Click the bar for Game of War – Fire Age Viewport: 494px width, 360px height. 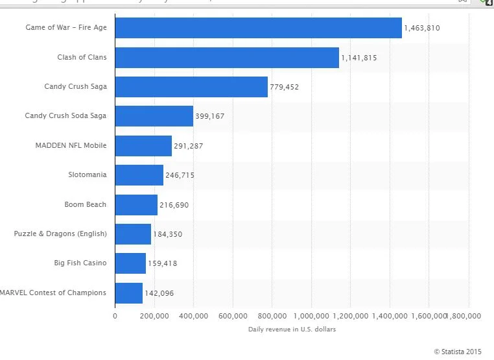coord(258,28)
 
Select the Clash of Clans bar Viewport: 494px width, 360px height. coord(227,58)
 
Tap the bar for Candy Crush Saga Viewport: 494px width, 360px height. coord(191,87)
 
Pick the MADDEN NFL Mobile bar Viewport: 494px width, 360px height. coord(143,146)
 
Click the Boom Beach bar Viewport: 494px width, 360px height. coord(136,205)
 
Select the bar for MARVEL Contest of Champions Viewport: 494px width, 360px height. coord(128,293)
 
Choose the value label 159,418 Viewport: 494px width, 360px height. coord(162,264)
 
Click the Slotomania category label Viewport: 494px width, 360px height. coord(87,175)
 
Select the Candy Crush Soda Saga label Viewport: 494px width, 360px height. coord(65,116)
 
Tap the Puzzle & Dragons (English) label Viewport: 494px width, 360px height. coord(60,234)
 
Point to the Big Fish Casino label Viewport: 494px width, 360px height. coord(80,263)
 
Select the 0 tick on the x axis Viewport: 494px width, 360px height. coord(115,316)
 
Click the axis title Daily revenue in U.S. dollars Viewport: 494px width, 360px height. coord(292,330)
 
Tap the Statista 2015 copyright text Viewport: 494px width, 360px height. coord(458,352)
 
